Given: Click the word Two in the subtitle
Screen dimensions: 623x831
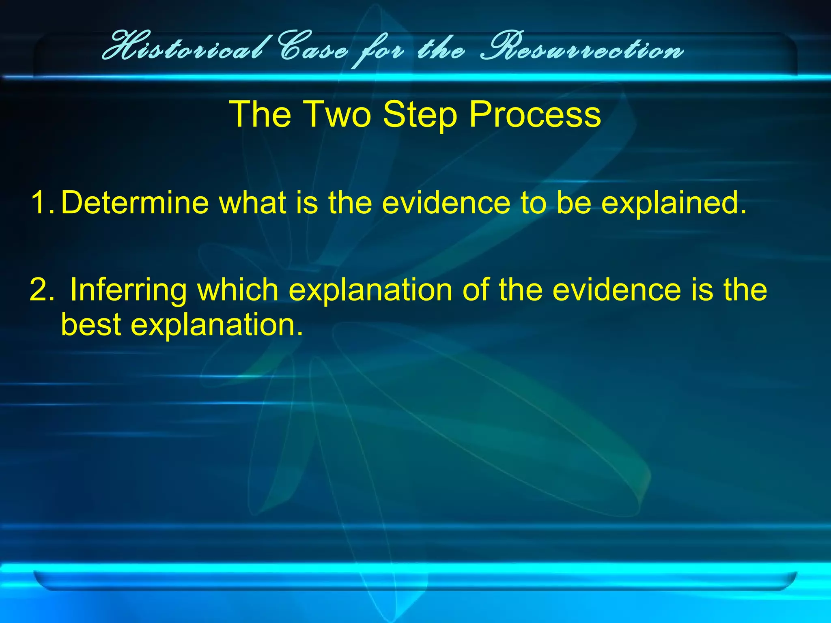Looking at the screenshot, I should coord(337,114).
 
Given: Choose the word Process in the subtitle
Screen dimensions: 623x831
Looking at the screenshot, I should coord(534,114).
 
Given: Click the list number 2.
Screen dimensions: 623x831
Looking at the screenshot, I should coord(41,290).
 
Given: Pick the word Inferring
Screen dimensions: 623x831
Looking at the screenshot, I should coord(128,290).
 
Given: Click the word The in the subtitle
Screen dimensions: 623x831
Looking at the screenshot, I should coord(260,114).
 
